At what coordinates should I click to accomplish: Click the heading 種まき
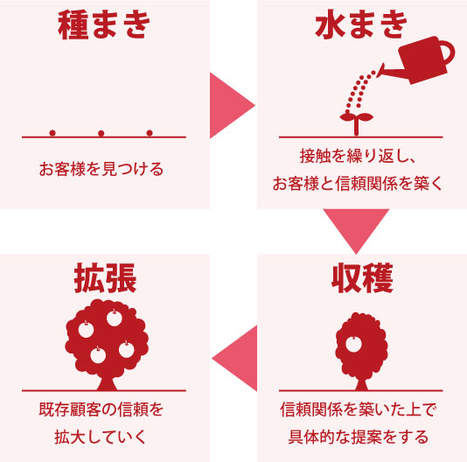tap(103, 25)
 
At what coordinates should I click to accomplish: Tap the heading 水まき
tap(361, 24)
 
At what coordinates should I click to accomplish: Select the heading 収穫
tap(362, 278)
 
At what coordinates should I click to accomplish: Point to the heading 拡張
tap(105, 278)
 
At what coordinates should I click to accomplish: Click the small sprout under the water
tap(356, 123)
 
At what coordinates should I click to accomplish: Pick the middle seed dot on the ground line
tap(101, 133)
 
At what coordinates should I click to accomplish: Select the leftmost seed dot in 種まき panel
tap(52, 133)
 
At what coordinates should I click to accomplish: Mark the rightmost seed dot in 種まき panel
tap(150, 133)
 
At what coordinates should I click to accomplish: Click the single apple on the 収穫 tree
tap(353, 344)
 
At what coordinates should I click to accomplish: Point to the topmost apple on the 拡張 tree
tap(115, 318)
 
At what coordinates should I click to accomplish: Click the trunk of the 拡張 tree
tap(107, 383)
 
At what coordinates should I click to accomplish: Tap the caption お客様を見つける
tap(101, 169)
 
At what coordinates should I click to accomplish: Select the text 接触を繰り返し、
tap(358, 156)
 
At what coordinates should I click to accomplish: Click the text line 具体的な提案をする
tap(359, 437)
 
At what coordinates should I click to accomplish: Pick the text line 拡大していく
tap(101, 437)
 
